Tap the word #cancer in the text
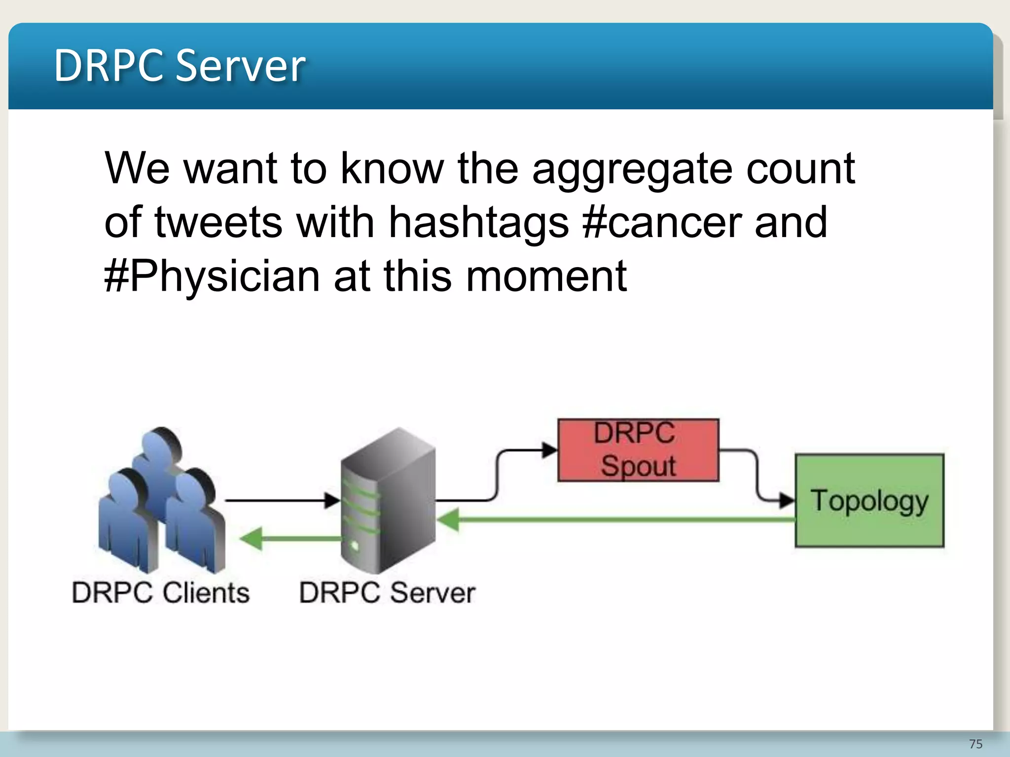(662, 222)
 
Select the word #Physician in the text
(212, 276)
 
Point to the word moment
(546, 276)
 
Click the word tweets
(218, 222)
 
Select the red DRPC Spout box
(638, 449)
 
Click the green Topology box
(869, 500)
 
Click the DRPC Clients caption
(161, 592)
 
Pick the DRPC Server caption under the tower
(387, 592)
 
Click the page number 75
(975, 744)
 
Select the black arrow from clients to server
(281, 500)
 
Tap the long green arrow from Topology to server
(616, 519)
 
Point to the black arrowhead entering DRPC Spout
(549, 450)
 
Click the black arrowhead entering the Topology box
(786, 500)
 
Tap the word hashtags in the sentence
(478, 222)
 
